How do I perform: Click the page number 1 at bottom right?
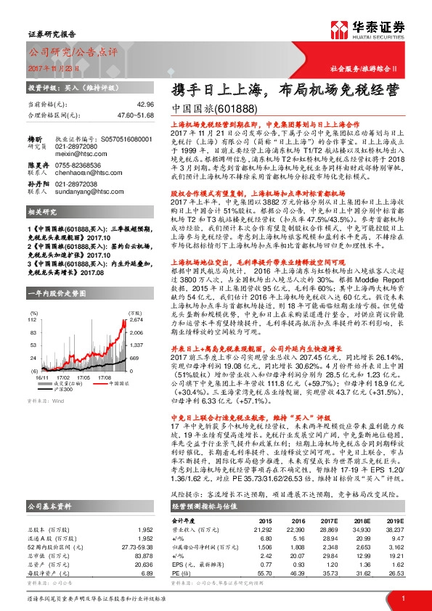click(x=402, y=597)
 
